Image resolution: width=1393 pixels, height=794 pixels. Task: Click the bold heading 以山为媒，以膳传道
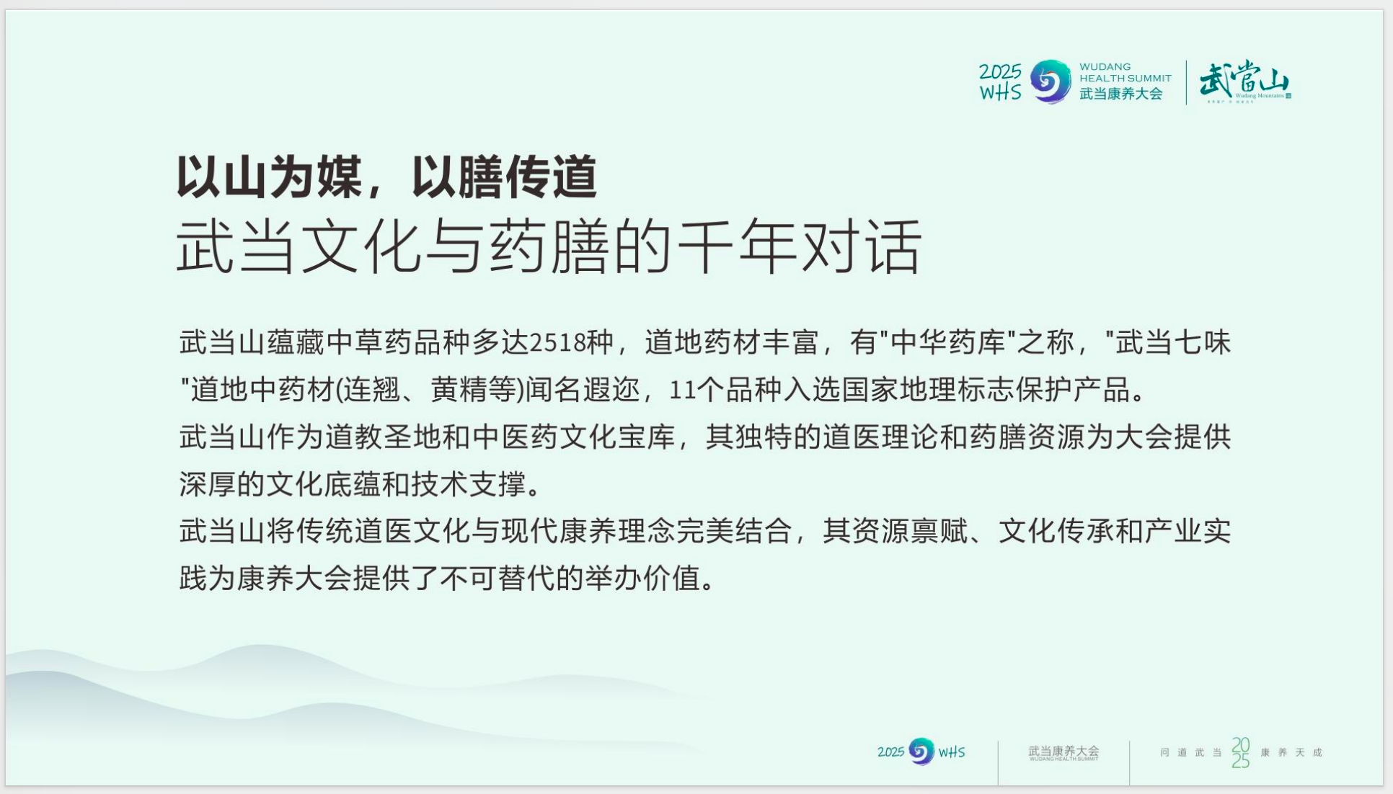click(387, 177)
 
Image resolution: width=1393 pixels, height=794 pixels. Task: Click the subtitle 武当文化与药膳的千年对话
click(549, 246)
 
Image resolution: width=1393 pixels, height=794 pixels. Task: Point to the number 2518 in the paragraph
click(557, 342)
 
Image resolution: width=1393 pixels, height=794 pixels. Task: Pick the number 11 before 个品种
click(682, 390)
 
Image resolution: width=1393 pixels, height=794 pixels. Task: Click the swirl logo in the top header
click(1051, 81)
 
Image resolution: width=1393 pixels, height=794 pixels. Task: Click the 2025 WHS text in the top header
click(1000, 81)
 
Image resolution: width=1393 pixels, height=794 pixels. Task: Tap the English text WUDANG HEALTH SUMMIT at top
click(1125, 72)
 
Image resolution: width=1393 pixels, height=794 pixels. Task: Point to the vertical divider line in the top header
click(1186, 82)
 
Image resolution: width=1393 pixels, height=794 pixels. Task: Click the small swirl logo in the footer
click(921, 751)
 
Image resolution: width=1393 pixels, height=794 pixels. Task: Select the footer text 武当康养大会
click(1063, 751)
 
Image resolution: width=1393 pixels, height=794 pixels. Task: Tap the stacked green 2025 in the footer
click(1240, 752)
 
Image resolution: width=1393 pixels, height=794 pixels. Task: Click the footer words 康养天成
click(1291, 752)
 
